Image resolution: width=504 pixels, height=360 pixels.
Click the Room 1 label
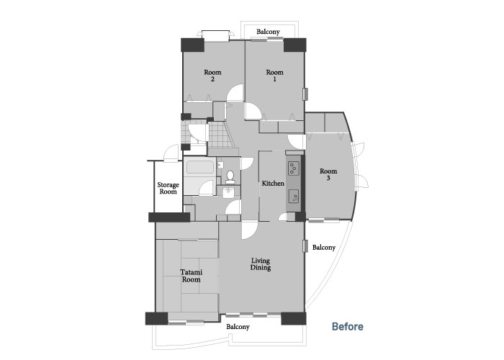click(274, 76)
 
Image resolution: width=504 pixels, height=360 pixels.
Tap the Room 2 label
click(212, 76)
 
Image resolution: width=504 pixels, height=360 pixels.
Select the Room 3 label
click(328, 174)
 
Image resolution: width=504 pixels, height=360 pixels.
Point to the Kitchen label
click(273, 184)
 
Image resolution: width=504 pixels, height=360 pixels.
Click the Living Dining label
click(261, 264)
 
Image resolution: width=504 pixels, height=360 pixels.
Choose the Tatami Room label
click(192, 276)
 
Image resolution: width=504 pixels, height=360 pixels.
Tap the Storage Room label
click(168, 189)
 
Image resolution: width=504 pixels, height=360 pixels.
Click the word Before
click(348, 327)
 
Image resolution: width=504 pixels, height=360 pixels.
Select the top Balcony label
click(268, 32)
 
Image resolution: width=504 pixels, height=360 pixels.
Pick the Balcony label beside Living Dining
click(324, 248)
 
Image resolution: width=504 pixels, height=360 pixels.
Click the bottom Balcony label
click(238, 327)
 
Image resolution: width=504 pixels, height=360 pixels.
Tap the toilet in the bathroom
click(230, 177)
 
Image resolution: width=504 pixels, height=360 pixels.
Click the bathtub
click(200, 167)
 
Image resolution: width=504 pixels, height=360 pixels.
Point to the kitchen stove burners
click(294, 168)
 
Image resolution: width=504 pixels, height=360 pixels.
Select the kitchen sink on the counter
click(294, 197)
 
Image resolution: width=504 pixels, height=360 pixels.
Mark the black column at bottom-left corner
click(156, 318)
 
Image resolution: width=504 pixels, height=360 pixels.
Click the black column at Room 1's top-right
click(294, 45)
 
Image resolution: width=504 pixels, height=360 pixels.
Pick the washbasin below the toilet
click(228, 192)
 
